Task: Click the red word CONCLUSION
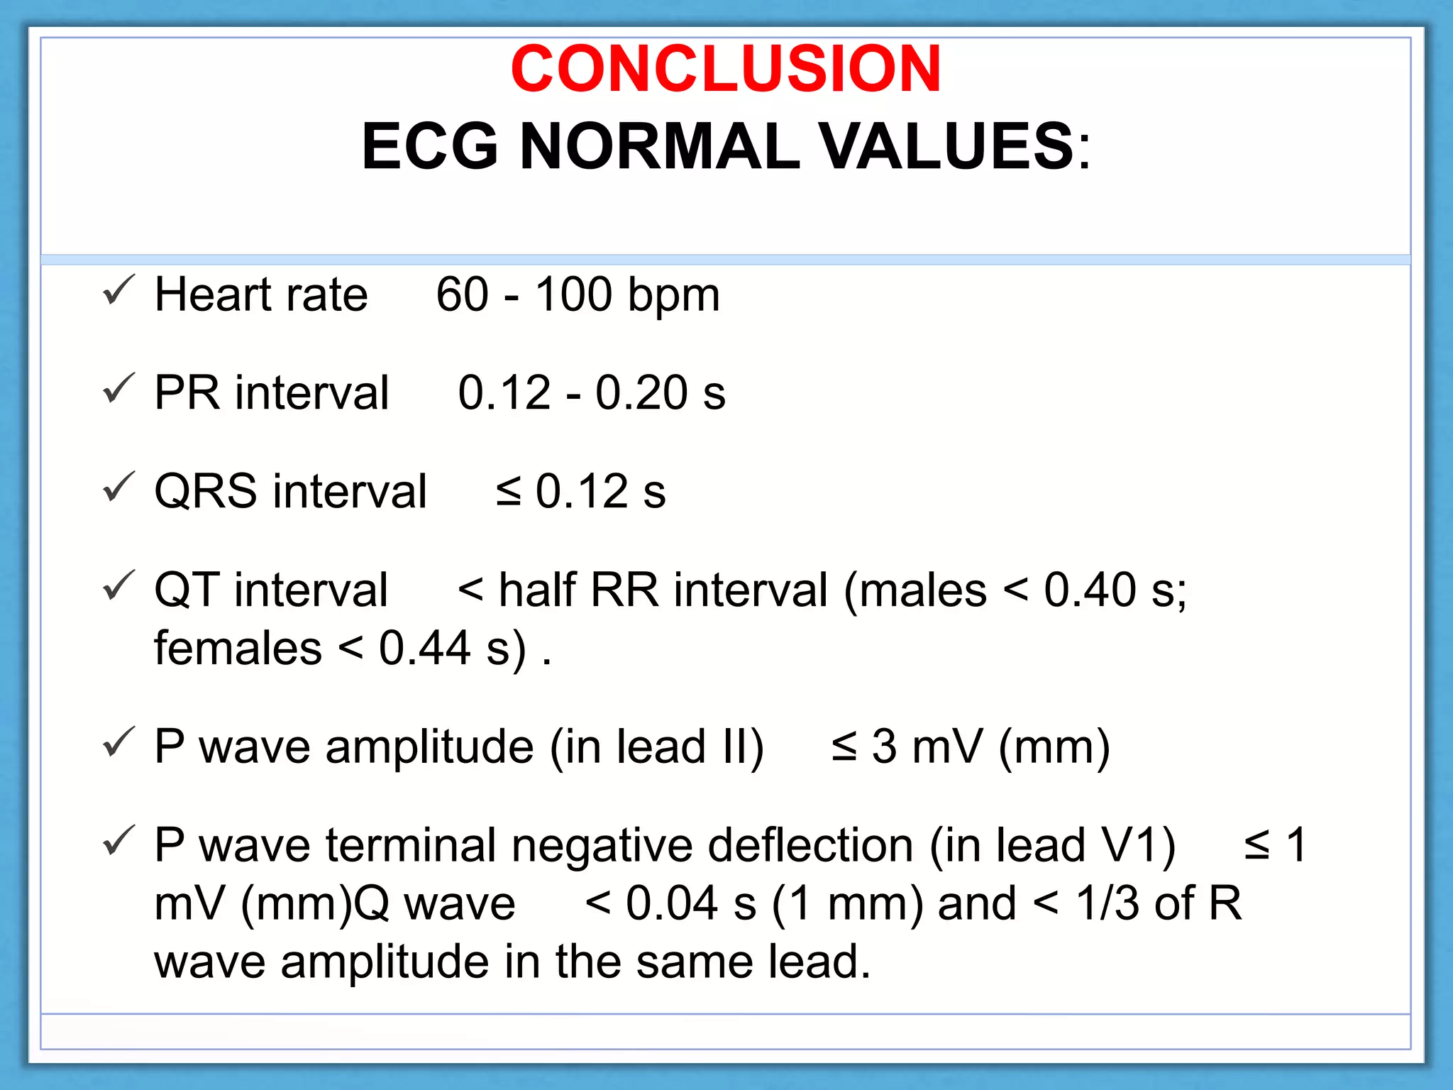725,69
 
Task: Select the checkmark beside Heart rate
118,290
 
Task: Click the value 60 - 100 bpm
578,294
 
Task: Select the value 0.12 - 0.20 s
591,392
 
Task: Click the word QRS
205,491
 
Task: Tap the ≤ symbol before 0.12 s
508,491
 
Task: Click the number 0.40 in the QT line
1089,590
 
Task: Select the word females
238,648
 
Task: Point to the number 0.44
424,648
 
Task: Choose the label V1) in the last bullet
1138,845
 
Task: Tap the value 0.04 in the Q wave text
671,903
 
